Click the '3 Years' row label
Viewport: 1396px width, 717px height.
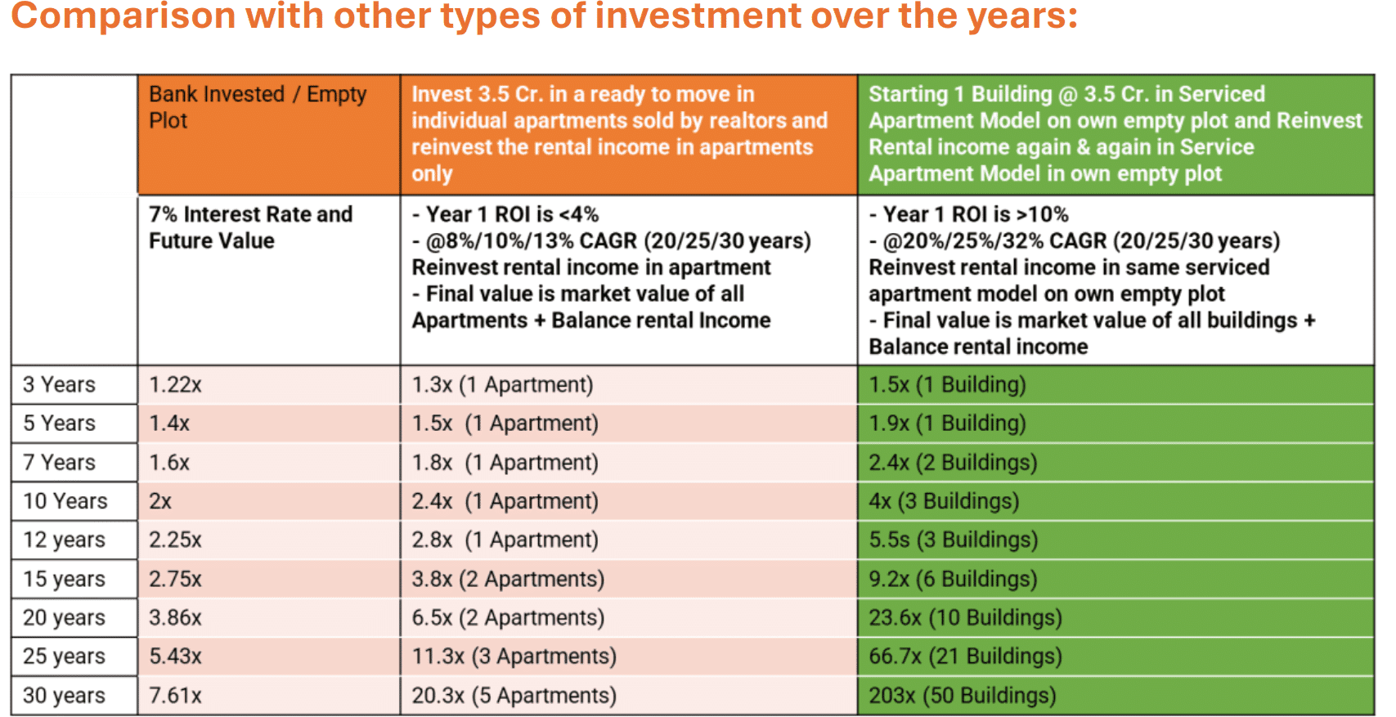(x=59, y=384)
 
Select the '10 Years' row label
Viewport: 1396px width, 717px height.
(x=65, y=501)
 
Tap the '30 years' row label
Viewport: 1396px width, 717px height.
(x=64, y=695)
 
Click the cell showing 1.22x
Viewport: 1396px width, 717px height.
(x=175, y=384)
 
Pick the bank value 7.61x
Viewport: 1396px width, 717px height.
(x=175, y=695)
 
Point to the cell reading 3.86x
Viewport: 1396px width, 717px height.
(x=175, y=617)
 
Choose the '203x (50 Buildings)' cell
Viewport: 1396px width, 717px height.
(x=962, y=695)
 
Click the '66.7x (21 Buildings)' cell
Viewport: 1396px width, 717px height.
(x=965, y=656)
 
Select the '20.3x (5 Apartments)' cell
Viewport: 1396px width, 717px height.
(x=514, y=695)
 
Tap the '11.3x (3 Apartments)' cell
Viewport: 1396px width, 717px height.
(x=514, y=656)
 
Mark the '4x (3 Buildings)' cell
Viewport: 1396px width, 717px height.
(x=944, y=501)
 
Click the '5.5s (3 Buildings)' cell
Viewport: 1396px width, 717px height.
(x=953, y=540)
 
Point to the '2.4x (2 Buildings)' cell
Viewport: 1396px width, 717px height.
(x=953, y=463)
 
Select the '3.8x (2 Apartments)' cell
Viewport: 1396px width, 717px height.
(x=508, y=579)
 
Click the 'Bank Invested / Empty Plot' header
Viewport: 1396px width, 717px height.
(x=257, y=107)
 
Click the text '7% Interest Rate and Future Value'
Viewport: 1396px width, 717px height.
(x=250, y=227)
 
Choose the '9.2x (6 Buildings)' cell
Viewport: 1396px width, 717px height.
(x=953, y=579)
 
